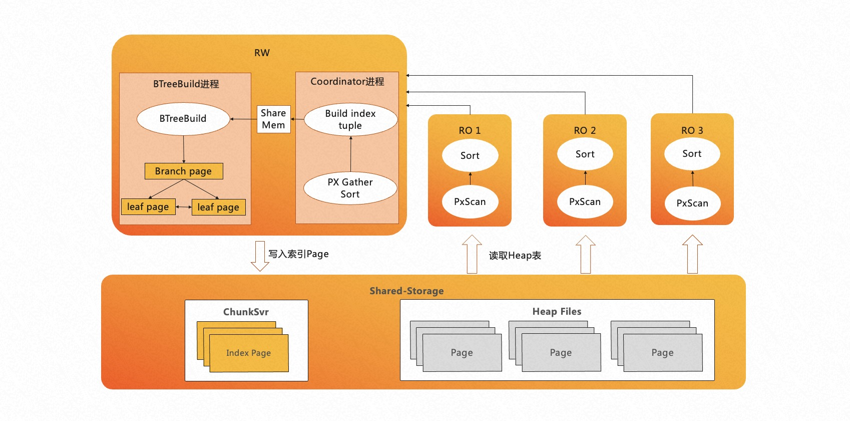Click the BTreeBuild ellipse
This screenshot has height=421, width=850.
(x=183, y=119)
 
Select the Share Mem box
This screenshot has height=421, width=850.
(x=273, y=119)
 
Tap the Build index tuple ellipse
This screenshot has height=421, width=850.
(x=350, y=119)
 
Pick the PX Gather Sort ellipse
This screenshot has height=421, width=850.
(x=350, y=188)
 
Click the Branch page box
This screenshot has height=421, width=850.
(x=184, y=171)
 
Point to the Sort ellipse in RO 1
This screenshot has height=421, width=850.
(x=470, y=155)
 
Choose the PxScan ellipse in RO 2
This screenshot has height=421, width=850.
(x=585, y=201)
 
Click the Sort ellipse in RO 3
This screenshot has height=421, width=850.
(x=692, y=154)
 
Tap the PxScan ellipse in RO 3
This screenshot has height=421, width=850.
(x=692, y=203)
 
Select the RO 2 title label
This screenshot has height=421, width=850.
(x=585, y=130)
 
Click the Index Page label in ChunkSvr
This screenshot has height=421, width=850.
(x=248, y=353)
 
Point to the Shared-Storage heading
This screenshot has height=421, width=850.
(x=406, y=291)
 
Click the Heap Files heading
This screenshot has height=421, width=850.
(x=557, y=311)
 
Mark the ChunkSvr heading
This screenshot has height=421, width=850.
(x=246, y=312)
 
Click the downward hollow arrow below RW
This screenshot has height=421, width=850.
(x=260, y=256)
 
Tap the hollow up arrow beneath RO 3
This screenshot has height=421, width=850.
(x=692, y=254)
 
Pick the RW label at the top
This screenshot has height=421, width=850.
(x=262, y=53)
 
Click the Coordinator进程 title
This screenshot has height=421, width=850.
(x=347, y=81)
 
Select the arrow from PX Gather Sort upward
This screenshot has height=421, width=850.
(x=351, y=154)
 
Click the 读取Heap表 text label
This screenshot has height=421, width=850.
(x=515, y=256)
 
